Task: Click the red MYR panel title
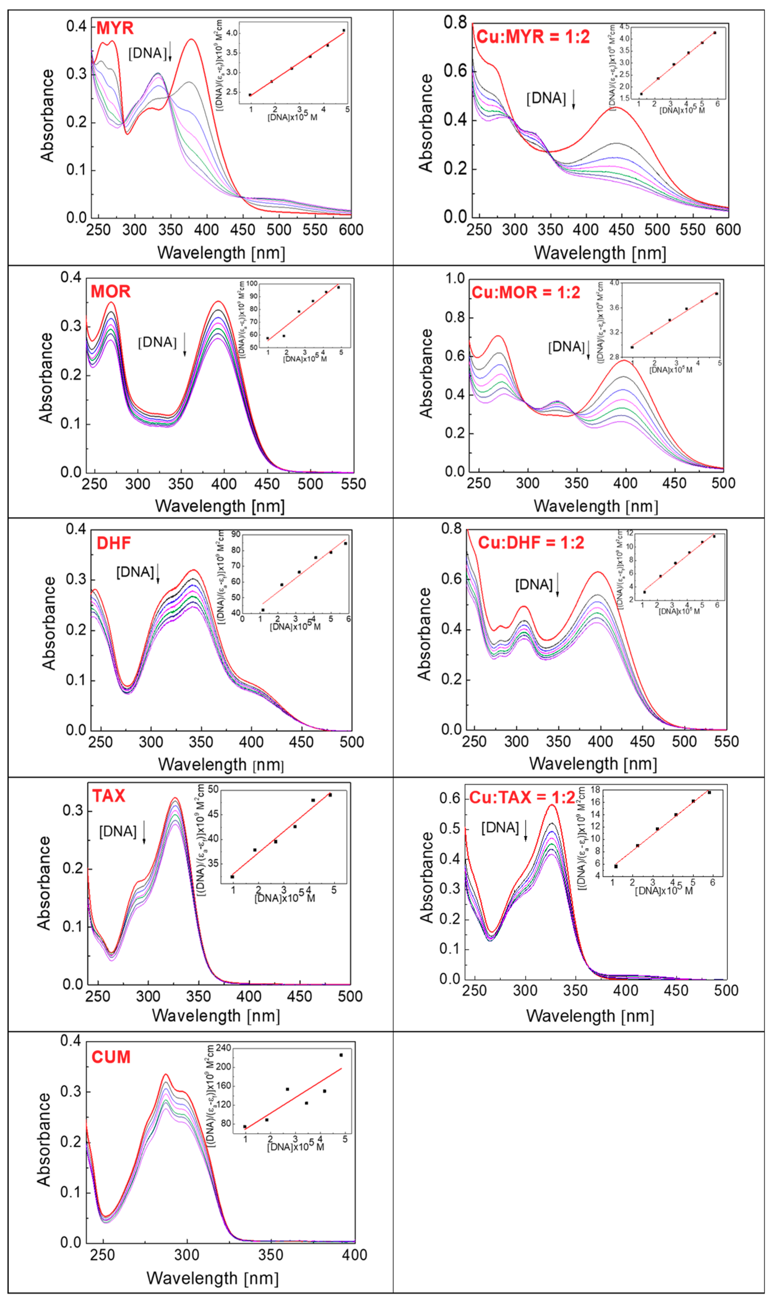click(115, 28)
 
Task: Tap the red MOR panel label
click(111, 291)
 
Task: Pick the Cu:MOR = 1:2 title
click(526, 293)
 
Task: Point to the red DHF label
click(114, 543)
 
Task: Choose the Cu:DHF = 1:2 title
click(531, 543)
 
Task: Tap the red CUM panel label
click(111, 1057)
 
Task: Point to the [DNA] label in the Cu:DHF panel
click(534, 584)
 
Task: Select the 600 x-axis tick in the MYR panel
click(351, 230)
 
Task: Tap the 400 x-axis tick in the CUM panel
click(355, 1255)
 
